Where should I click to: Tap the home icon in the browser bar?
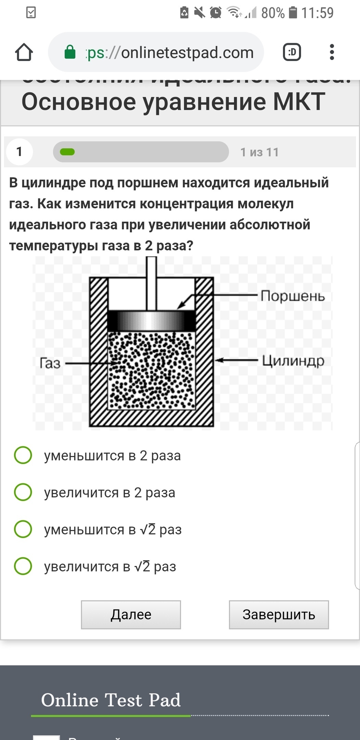[x=24, y=52]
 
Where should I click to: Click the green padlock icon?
[x=70, y=52]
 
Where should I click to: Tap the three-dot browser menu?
[x=332, y=52]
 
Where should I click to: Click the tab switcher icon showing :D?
[x=292, y=52]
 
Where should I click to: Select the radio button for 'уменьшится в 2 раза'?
[x=23, y=455]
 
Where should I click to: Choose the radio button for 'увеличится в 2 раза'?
[x=23, y=492]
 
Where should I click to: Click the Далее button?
[x=131, y=615]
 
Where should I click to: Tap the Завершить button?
[x=279, y=615]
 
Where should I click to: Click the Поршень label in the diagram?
[x=293, y=296]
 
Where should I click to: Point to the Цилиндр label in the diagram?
[x=293, y=361]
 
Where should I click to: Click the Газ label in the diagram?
[x=50, y=363]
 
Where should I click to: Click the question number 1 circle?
[x=19, y=151]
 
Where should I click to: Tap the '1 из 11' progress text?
[x=260, y=152]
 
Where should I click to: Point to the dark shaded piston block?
[x=151, y=321]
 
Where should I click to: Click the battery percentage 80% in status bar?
[x=273, y=13]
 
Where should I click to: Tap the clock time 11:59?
[x=317, y=13]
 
